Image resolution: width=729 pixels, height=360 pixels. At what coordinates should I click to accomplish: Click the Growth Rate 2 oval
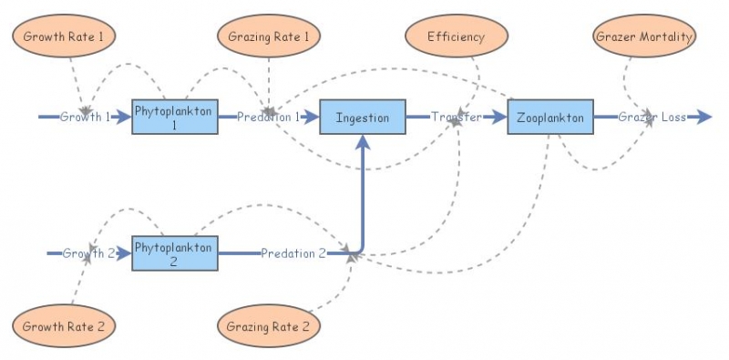[x=64, y=325]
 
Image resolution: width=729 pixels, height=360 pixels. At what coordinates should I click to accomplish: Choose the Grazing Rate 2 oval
[x=270, y=325]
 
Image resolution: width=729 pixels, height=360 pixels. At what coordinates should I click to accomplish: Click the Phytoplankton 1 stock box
[x=175, y=117]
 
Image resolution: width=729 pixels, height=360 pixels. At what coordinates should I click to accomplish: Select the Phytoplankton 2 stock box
[x=175, y=252]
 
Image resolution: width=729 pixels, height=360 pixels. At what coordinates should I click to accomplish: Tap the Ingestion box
[x=363, y=117]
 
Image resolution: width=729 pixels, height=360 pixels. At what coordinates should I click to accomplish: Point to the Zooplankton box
[x=550, y=117]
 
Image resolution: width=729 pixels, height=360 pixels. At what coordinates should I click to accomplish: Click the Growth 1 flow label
[x=85, y=117]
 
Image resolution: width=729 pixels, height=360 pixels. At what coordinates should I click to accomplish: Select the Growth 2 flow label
[x=88, y=252]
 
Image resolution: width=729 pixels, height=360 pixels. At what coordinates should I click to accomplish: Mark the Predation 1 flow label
[x=268, y=117]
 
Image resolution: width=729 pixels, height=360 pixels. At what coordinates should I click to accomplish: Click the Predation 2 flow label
[x=293, y=252]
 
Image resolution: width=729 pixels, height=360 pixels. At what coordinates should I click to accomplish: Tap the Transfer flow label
[x=457, y=117]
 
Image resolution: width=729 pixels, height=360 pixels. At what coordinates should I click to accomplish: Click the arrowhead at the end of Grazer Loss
[x=703, y=117]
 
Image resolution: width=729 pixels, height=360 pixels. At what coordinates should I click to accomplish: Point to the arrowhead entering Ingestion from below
[x=363, y=140]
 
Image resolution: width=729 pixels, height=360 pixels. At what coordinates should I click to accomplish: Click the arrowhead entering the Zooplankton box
[x=499, y=117]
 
